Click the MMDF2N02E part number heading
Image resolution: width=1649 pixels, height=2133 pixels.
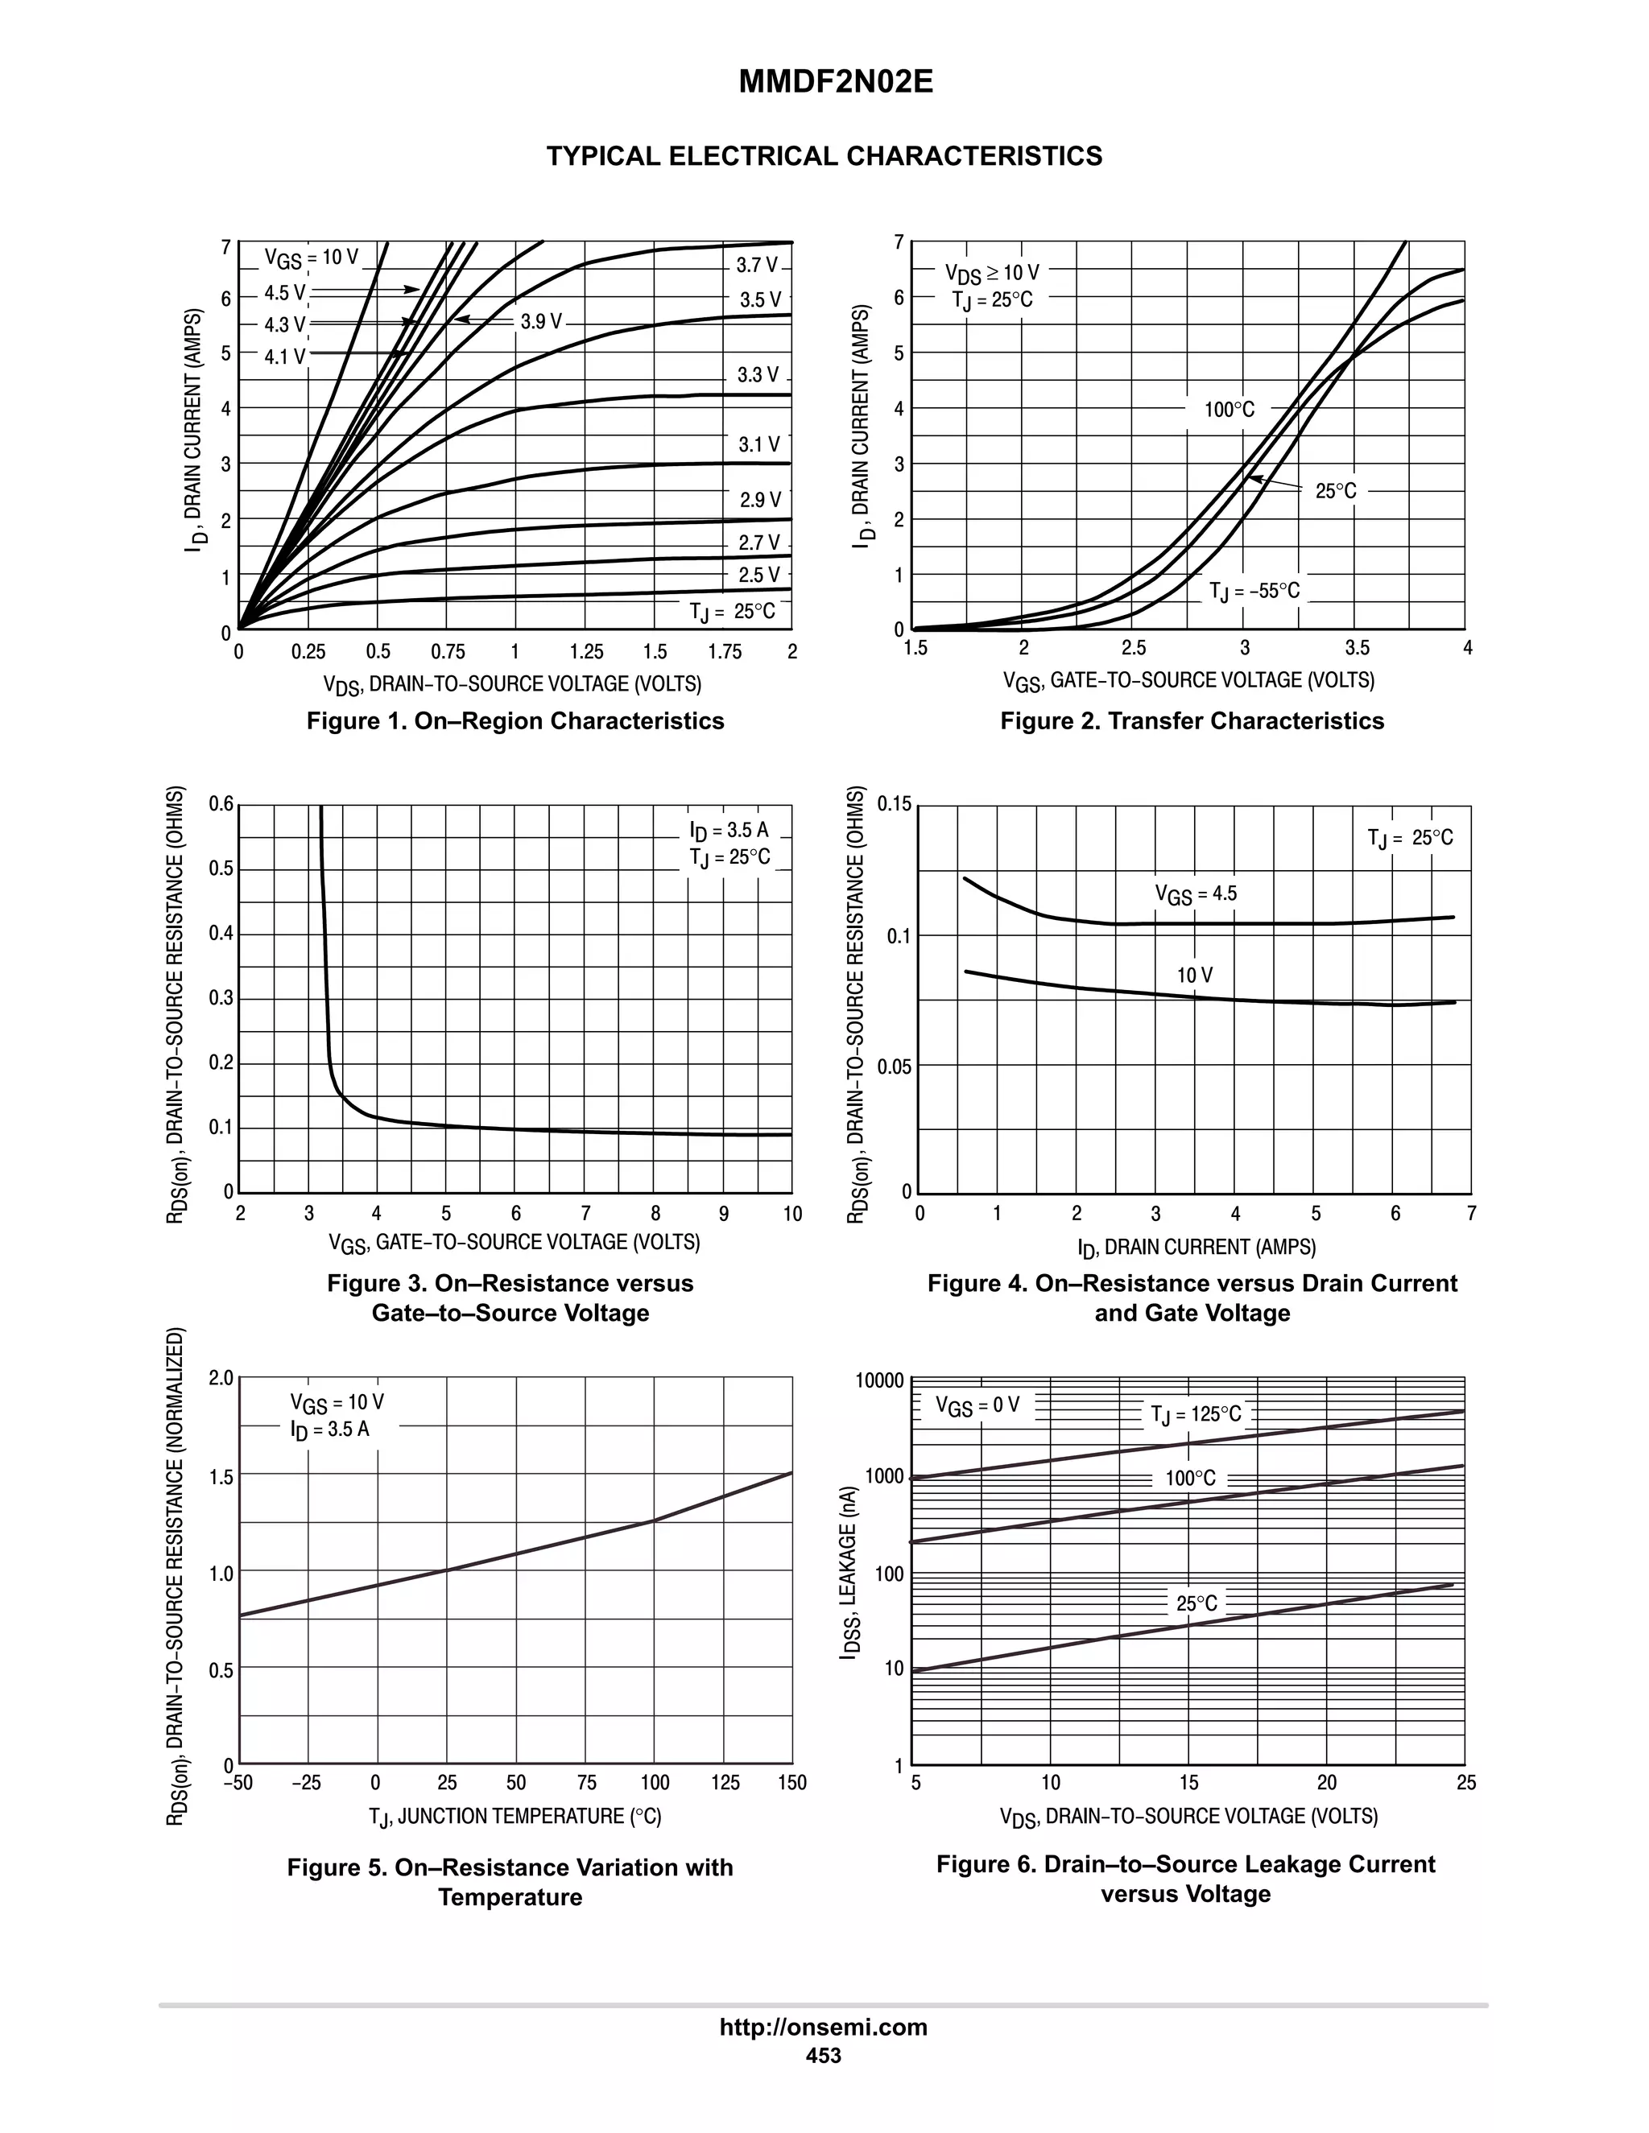pos(835,82)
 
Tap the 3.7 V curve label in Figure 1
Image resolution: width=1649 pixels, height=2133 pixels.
pos(757,265)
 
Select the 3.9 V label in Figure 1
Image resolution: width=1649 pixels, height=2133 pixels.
pos(541,321)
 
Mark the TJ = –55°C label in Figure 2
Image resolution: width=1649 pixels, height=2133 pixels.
pos(1254,591)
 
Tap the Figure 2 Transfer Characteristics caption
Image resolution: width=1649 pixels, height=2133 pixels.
pos(1192,720)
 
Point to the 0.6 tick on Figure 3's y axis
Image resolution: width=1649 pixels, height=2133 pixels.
pos(221,805)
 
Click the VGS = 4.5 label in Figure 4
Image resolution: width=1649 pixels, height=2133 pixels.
pos(1196,893)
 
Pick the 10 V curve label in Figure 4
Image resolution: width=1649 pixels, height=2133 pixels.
pos(1194,975)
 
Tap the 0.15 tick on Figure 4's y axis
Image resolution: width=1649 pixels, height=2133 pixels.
pos(894,805)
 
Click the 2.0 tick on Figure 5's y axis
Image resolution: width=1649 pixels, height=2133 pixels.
pos(221,1379)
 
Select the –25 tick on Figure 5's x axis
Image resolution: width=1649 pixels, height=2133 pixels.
pos(306,1782)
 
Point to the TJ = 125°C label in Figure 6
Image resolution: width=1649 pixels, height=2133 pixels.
pos(1196,1414)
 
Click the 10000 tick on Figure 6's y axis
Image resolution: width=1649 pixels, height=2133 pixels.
pos(880,1380)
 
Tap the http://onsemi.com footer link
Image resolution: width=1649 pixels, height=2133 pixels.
pos(824,2028)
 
